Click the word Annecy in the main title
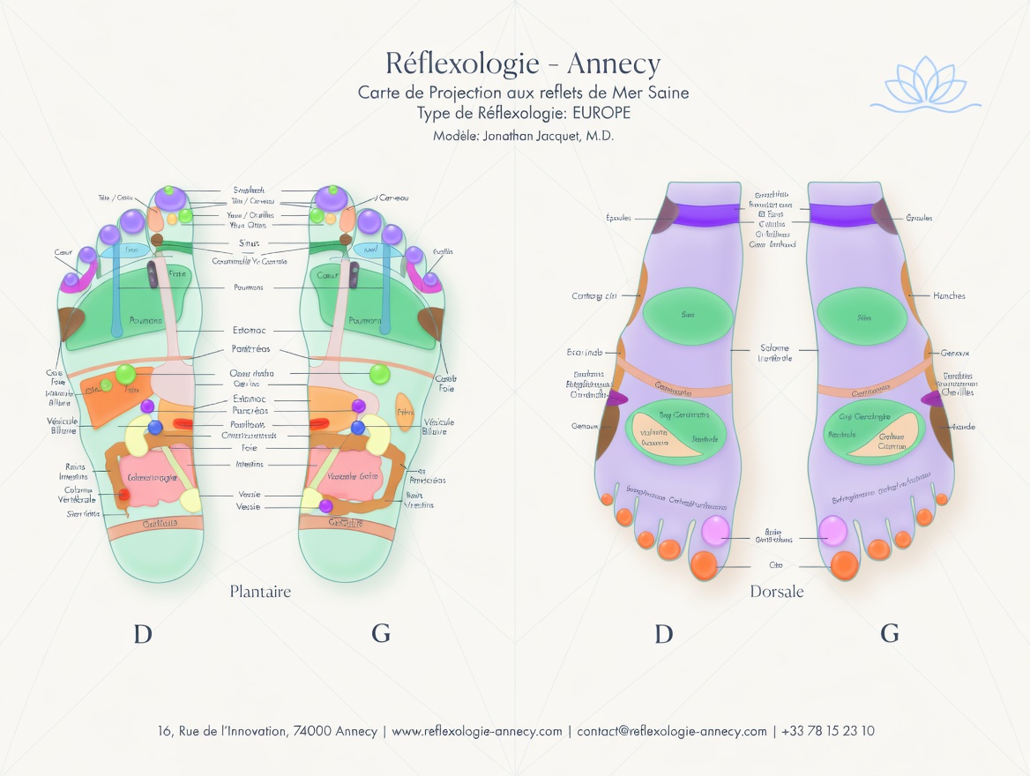tap(613, 64)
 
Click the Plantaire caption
tap(260, 591)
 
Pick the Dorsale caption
tap(777, 592)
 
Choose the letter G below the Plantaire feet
tap(381, 633)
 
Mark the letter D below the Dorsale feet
tap(664, 633)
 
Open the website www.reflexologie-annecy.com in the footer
tap(477, 731)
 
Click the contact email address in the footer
tap(672, 731)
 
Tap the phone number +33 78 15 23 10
tap(828, 731)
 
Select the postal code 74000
tap(312, 731)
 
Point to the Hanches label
tap(949, 296)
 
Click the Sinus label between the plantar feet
tap(250, 243)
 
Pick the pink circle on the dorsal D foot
tap(715, 530)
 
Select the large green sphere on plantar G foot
tap(380, 374)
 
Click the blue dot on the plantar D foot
tap(155, 428)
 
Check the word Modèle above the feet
tap(455, 137)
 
